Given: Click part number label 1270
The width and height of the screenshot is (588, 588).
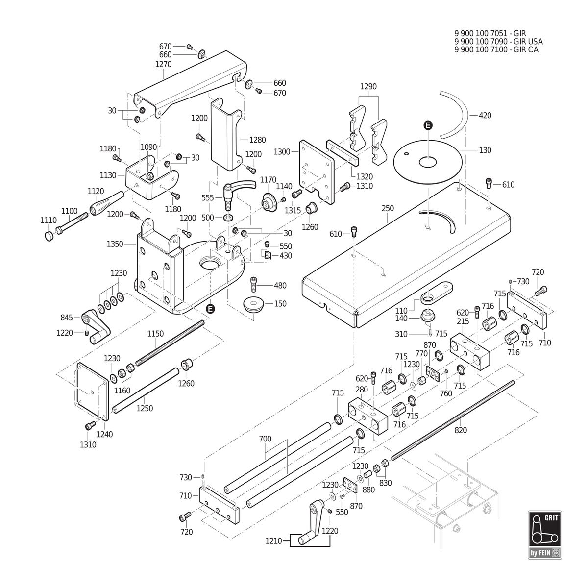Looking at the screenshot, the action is tap(163, 64).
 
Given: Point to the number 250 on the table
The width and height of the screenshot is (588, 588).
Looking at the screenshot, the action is tap(388, 208).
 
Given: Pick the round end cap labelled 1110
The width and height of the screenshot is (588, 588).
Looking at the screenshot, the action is tap(49, 236).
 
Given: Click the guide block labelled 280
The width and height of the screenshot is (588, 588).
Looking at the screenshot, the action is tap(367, 416).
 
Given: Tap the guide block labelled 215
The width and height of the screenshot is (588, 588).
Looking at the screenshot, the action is tap(470, 351).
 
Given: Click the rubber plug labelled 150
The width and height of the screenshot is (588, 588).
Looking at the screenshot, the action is tap(253, 304).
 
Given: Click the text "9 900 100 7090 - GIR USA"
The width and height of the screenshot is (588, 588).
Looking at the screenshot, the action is tap(499, 42).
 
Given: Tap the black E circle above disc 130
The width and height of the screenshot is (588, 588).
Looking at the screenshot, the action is tap(428, 125).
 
